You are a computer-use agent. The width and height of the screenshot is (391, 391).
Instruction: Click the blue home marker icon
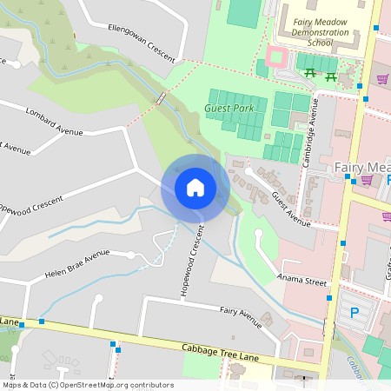(195, 188)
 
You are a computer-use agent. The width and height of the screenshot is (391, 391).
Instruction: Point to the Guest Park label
(229, 109)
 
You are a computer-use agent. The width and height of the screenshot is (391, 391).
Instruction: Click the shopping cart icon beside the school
(382, 79)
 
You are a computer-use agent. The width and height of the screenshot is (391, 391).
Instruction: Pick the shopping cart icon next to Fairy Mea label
(367, 180)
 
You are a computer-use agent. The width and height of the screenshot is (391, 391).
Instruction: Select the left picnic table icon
(310, 76)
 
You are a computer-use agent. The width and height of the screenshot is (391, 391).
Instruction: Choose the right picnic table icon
(331, 76)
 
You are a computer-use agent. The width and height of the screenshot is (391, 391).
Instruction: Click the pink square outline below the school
(276, 57)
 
